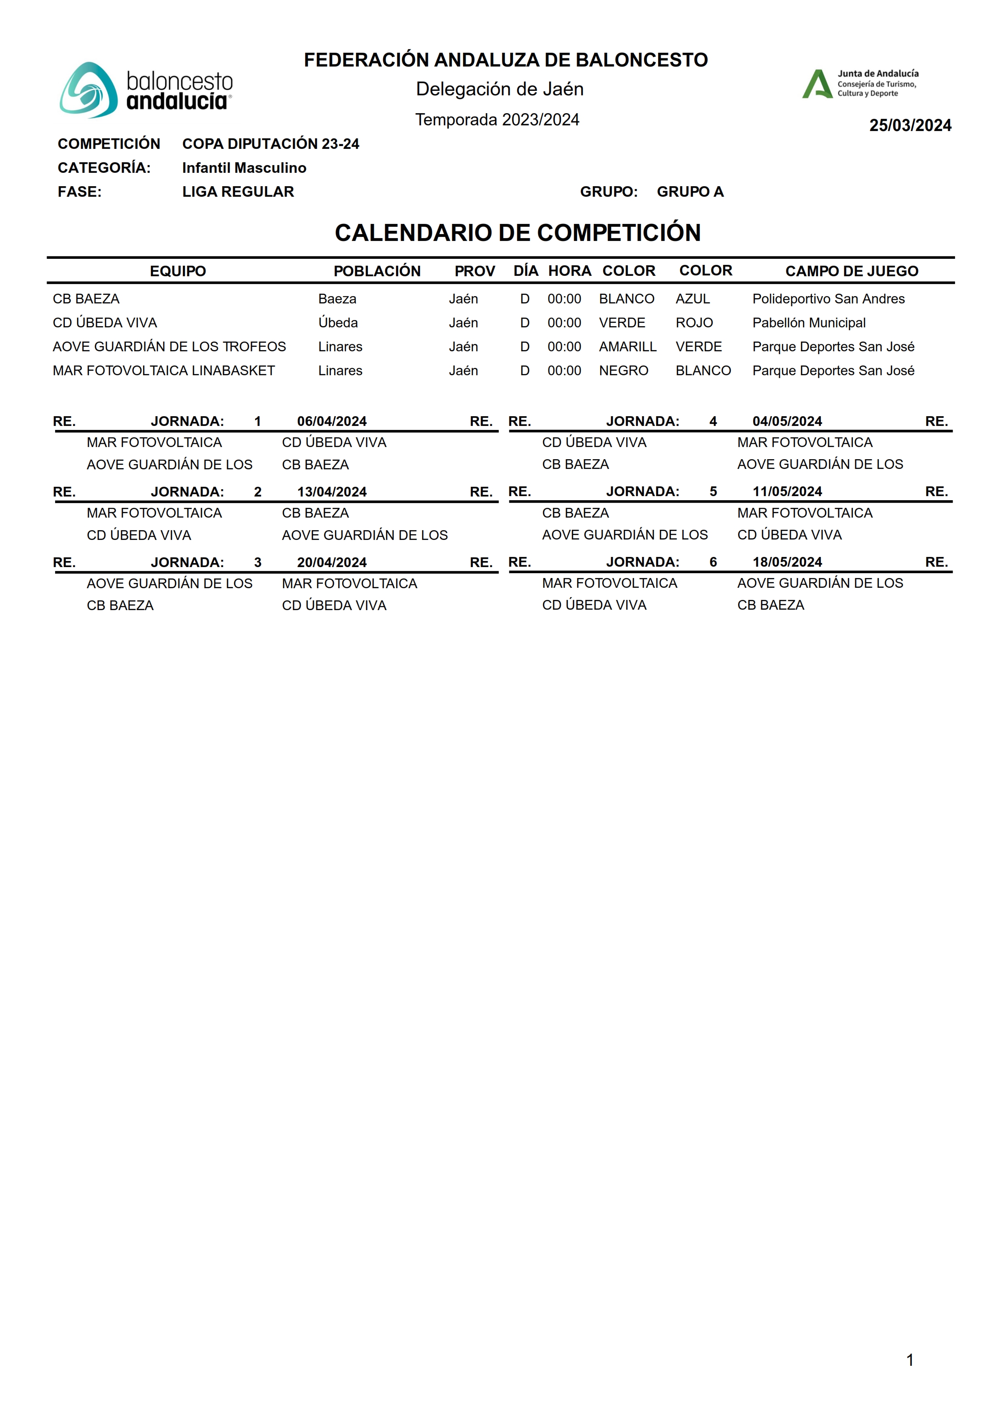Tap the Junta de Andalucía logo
(x=860, y=84)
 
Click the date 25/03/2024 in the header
(x=910, y=125)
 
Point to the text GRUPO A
(x=690, y=191)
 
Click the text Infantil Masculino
(x=244, y=168)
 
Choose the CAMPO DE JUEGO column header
(x=851, y=271)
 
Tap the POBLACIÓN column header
(x=377, y=271)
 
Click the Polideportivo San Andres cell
(x=829, y=299)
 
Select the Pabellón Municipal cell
(x=809, y=323)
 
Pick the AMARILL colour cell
(x=627, y=346)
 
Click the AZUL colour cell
(x=693, y=299)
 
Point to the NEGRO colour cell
(x=623, y=371)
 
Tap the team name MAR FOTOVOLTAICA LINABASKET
(x=164, y=371)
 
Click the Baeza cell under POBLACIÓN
(x=337, y=299)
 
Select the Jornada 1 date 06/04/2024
(x=332, y=421)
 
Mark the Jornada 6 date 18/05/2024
(x=787, y=562)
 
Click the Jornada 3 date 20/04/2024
(x=332, y=562)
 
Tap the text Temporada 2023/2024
(x=497, y=120)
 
